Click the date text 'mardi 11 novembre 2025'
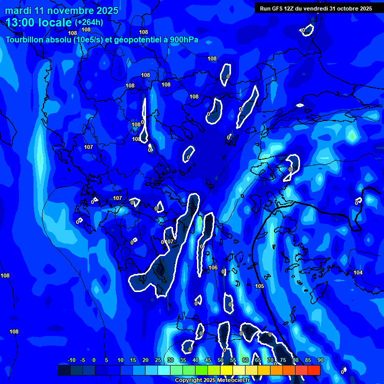(x=61, y=10)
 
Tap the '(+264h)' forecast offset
(x=89, y=22)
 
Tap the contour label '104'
(x=358, y=272)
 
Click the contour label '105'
(x=259, y=286)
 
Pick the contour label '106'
(x=213, y=267)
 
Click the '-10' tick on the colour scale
(x=71, y=360)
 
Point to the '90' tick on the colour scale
(x=320, y=360)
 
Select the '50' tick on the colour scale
(x=220, y=360)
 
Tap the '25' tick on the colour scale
(x=158, y=360)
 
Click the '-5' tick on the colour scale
(x=82, y=360)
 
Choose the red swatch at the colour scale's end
(x=313, y=370)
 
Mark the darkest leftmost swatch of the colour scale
(x=63, y=370)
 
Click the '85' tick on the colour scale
(x=307, y=360)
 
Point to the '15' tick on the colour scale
(x=133, y=360)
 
